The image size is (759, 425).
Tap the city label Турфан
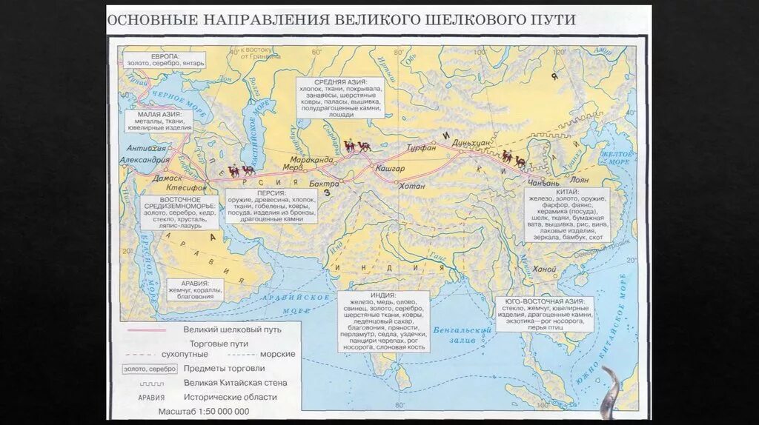click(421, 148)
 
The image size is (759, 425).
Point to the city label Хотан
click(412, 186)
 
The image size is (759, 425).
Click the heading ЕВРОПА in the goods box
click(165, 56)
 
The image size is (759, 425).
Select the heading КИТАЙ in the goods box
click(569, 191)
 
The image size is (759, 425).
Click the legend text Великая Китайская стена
click(235, 383)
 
